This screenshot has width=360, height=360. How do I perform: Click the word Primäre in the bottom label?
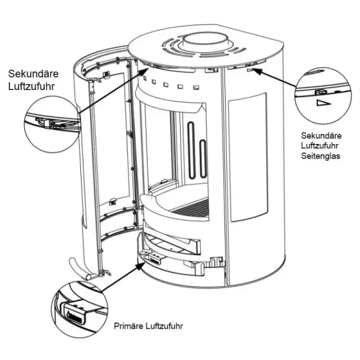[128, 327]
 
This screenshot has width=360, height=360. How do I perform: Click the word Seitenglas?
[321, 156]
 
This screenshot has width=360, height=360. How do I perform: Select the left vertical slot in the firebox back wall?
[191, 150]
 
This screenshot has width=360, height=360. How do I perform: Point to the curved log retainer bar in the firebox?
[180, 220]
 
